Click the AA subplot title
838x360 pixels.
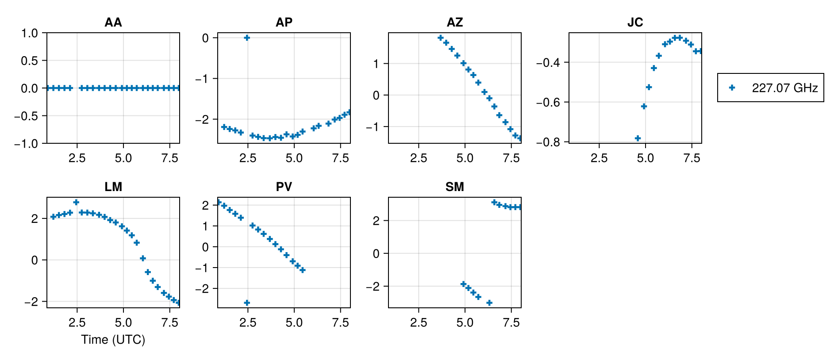click(113, 23)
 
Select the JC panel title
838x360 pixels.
click(635, 23)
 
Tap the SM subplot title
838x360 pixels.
click(454, 187)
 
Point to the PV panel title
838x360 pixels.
click(284, 187)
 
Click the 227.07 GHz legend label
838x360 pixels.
click(784, 88)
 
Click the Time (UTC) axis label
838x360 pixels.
click(113, 340)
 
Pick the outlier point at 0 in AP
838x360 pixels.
click(247, 38)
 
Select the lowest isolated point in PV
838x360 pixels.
click(247, 303)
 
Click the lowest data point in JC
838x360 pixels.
click(638, 138)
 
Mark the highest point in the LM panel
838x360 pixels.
click(76, 202)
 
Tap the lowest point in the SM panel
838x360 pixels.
click(489, 303)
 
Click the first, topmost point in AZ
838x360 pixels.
click(440, 38)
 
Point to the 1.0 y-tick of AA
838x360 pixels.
click(30, 33)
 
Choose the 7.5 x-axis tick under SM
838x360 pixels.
click(511, 323)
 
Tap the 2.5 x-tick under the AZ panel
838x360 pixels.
click(419, 158)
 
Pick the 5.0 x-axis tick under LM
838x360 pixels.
click(123, 323)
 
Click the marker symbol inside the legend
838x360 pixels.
click(732, 88)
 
